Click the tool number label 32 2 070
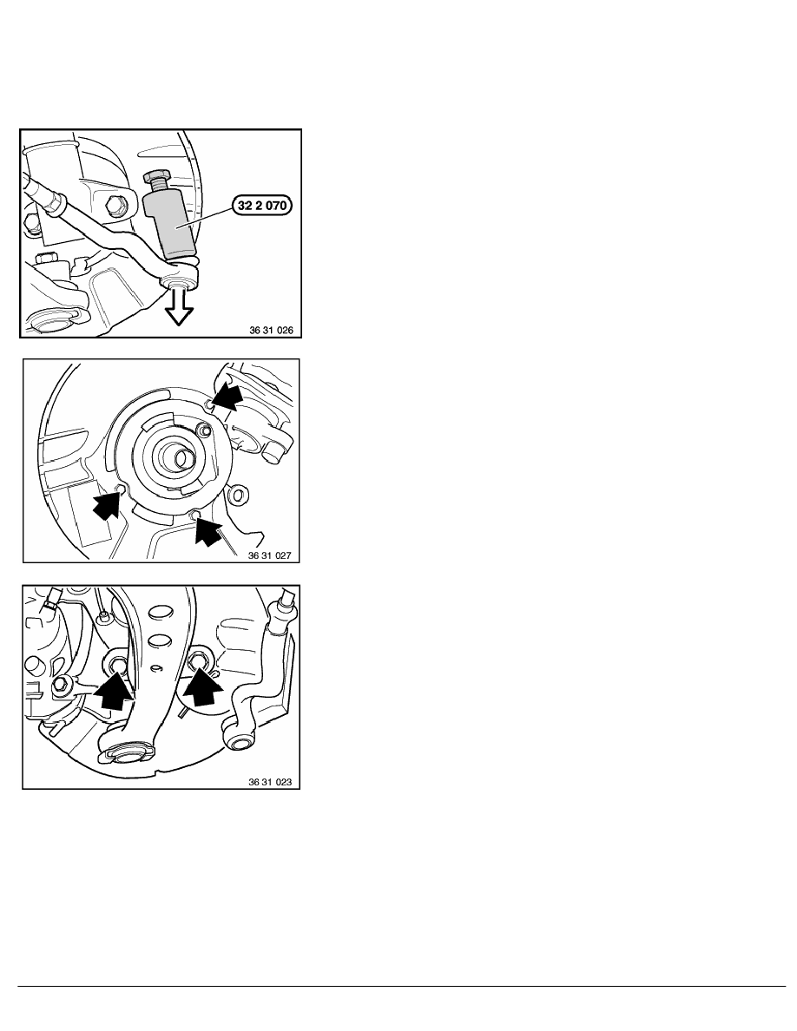[262, 205]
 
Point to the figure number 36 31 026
[271, 330]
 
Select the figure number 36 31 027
[269, 555]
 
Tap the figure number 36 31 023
[270, 782]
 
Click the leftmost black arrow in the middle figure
[108, 503]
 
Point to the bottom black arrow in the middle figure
[207, 530]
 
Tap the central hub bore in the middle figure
[178, 457]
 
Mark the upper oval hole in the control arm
[160, 613]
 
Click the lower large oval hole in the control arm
[159, 640]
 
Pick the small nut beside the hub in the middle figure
[205, 431]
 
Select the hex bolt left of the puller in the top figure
[117, 204]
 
